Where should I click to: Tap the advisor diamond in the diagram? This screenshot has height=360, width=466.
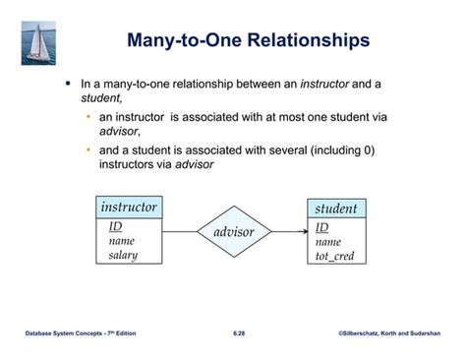tap(233, 232)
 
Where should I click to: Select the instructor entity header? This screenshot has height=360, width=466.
tap(128, 207)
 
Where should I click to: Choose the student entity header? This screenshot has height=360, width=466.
tap(335, 209)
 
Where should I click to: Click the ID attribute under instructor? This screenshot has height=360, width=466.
tap(115, 226)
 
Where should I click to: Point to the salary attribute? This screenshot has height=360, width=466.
tap(123, 255)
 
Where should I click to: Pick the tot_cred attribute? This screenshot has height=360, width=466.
tap(334, 256)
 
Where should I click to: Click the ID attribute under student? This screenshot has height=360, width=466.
tap(321, 227)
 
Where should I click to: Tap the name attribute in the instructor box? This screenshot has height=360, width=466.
tap(122, 240)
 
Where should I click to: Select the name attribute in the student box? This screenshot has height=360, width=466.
tap(328, 242)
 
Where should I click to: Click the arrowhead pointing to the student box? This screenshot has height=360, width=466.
tap(303, 232)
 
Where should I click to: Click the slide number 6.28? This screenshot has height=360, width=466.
tap(239, 333)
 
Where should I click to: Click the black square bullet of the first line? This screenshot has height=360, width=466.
tap(69, 85)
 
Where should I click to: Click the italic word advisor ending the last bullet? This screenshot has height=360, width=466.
tap(195, 164)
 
